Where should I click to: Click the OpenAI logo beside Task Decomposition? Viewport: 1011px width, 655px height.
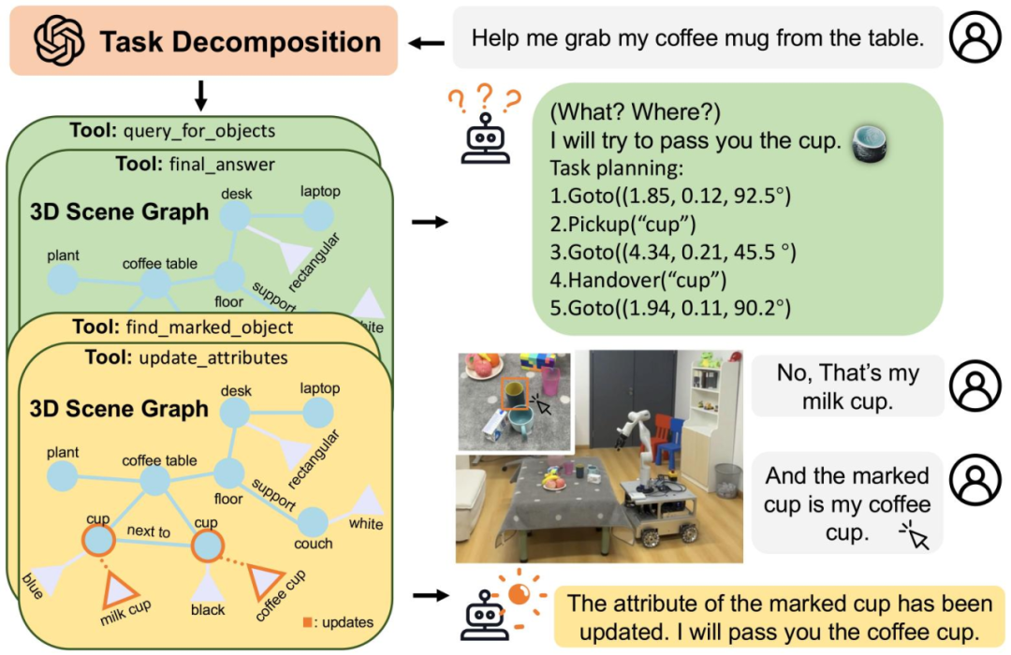[x=59, y=40]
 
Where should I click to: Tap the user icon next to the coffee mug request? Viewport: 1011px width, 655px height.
[x=974, y=36]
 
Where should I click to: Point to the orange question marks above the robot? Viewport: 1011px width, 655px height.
[x=485, y=99]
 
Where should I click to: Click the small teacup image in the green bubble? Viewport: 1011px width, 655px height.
[x=869, y=143]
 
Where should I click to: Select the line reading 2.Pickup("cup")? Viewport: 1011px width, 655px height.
[x=623, y=224]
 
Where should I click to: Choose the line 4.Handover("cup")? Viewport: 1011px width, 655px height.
[x=637, y=280]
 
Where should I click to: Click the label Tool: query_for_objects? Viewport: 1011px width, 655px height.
[x=172, y=131]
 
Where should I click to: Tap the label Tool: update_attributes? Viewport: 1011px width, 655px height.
[x=186, y=357]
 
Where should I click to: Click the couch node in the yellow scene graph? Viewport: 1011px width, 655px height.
[x=313, y=521]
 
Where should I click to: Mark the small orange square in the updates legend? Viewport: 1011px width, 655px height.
[x=308, y=622]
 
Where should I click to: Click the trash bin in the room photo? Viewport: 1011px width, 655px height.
[x=726, y=480]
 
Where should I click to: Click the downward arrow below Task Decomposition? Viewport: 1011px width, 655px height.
[x=200, y=95]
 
